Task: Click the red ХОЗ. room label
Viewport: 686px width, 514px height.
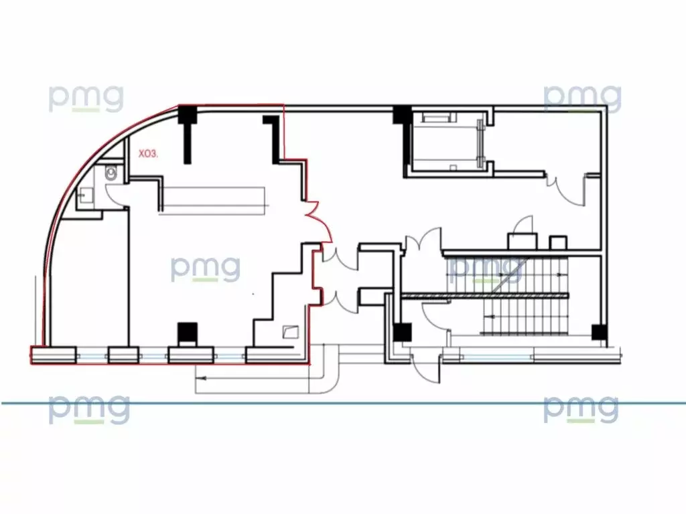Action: click(148, 155)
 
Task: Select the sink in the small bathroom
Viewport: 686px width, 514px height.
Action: click(84, 195)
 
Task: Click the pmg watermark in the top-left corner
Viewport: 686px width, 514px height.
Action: click(86, 98)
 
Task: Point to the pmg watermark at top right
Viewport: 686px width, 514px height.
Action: click(582, 98)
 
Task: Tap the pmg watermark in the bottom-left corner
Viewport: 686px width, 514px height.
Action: click(89, 409)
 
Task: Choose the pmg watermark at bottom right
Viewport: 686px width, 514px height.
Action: click(581, 409)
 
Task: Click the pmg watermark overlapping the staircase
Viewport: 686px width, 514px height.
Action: click(485, 268)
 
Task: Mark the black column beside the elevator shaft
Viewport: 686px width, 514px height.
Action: click(403, 115)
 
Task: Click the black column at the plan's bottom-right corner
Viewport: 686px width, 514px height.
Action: click(599, 332)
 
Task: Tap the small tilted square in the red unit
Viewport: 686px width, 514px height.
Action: click(291, 332)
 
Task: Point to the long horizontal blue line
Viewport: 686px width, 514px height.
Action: click(343, 403)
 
